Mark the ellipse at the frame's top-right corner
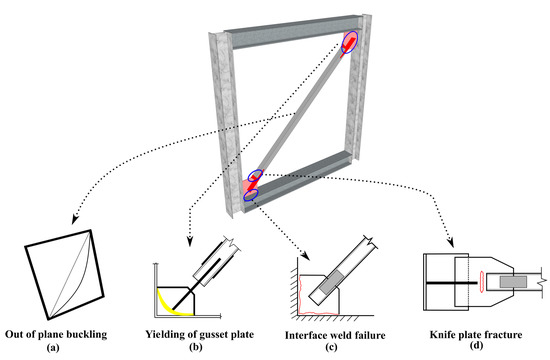[349, 43]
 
